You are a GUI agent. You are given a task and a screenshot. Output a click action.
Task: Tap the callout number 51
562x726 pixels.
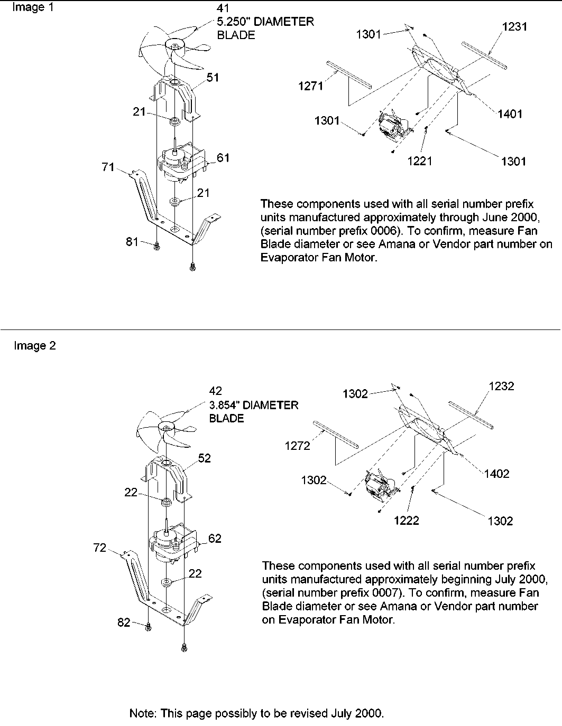tap(213, 77)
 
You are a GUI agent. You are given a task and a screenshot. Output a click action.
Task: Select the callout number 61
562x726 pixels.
tap(223, 157)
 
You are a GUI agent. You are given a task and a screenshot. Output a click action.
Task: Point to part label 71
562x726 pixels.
tap(108, 167)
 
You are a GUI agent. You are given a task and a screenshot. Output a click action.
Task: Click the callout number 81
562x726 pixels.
tap(132, 241)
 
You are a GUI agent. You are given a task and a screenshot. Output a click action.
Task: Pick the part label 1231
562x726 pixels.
tap(514, 26)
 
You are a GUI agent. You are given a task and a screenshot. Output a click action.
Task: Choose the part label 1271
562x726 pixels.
tap(311, 86)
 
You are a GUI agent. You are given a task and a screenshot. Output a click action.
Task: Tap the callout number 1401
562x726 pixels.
tap(510, 114)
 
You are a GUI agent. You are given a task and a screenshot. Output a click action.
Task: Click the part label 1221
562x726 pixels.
tap(420, 161)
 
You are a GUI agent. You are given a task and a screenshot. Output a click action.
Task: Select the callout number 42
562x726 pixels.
tap(215, 391)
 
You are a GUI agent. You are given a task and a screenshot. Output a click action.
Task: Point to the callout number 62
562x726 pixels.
tap(215, 539)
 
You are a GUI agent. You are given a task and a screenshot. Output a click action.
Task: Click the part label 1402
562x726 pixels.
tap(496, 474)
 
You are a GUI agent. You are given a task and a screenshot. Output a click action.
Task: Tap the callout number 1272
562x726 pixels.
tap(297, 445)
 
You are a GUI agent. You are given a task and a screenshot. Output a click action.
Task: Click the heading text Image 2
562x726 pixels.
tap(34, 346)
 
